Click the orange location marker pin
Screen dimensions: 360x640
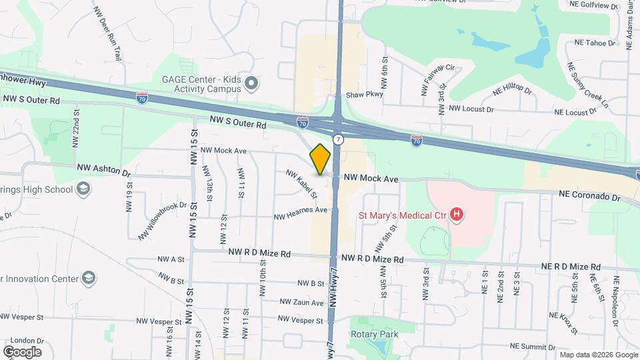tap(321, 159)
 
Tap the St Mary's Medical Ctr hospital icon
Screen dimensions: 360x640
tap(457, 214)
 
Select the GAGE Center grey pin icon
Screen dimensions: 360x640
tap(251, 83)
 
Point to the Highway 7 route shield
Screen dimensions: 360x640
tap(339, 139)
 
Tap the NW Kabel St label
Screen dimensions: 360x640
tap(301, 183)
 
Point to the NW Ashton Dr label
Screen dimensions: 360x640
tap(104, 171)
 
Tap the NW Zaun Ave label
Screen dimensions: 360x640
tap(299, 302)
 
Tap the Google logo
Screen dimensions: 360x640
tap(22, 351)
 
